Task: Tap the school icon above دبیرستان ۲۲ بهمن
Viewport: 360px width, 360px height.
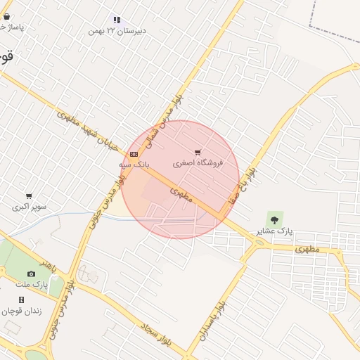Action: click(x=116, y=20)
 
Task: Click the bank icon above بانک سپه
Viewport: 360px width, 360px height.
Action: click(x=134, y=154)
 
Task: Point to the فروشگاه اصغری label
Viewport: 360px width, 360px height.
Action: click(x=198, y=163)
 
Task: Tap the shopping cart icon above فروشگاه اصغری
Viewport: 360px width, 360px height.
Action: click(x=198, y=152)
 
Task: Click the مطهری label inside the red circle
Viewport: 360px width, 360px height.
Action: click(x=181, y=195)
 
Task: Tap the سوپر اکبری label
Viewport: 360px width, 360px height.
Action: click(x=30, y=207)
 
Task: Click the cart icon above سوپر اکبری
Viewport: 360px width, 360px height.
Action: click(x=29, y=196)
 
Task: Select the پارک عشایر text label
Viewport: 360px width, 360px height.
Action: click(x=274, y=231)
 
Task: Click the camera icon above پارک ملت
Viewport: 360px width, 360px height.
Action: click(x=31, y=274)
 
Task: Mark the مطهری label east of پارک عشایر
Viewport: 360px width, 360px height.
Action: click(x=307, y=249)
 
